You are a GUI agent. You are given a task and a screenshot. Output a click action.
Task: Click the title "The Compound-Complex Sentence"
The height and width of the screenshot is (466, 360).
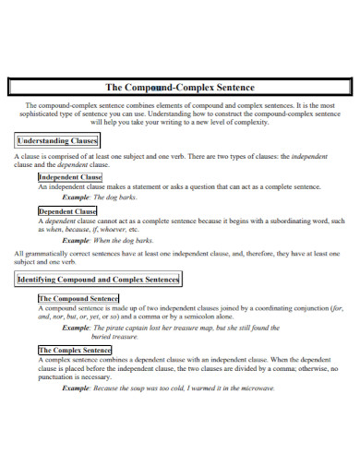click(180, 87)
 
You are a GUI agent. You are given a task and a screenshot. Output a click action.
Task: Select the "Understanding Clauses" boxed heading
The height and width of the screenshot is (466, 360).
click(57, 141)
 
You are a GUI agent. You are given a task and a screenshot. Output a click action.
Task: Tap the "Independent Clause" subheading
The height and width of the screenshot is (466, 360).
click(70, 176)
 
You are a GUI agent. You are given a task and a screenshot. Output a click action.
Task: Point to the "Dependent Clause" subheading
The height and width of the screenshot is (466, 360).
click(67, 211)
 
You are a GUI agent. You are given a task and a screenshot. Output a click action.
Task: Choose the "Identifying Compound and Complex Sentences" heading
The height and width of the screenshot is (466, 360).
click(99, 279)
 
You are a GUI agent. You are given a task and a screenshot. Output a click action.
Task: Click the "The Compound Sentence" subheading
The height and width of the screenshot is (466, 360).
click(78, 299)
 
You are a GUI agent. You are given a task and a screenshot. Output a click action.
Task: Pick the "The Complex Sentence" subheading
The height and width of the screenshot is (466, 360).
click(75, 351)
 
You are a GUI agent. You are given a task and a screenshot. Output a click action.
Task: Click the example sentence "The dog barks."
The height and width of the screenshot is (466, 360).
click(117, 197)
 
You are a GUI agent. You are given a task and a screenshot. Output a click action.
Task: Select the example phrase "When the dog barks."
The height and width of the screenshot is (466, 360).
click(127, 240)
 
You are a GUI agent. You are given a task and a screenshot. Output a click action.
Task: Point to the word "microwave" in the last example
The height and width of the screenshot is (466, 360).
click(255, 388)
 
